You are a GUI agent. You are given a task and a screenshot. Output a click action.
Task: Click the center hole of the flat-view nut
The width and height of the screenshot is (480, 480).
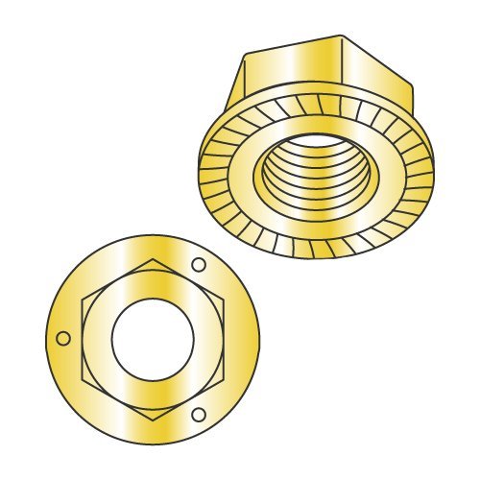[x=153, y=340]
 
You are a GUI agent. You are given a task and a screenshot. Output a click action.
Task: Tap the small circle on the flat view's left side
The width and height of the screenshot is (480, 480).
[x=63, y=338]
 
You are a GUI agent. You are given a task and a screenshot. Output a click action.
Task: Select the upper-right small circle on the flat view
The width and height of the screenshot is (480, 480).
[x=199, y=264]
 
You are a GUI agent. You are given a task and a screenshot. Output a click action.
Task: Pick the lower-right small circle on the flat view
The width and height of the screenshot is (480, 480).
[x=198, y=415]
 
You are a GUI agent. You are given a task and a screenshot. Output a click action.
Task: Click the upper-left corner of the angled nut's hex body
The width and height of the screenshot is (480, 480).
[x=247, y=54]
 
